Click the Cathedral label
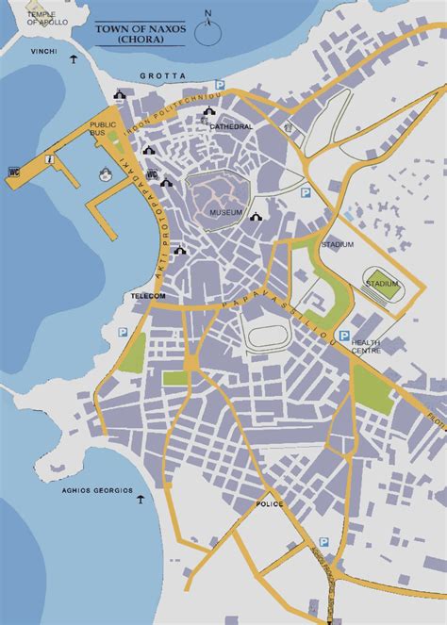[231, 126]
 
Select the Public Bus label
[102, 128]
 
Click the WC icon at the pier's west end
[14, 172]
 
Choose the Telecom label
[148, 296]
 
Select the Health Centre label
[368, 347]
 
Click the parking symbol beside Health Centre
[344, 336]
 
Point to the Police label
[270, 505]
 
